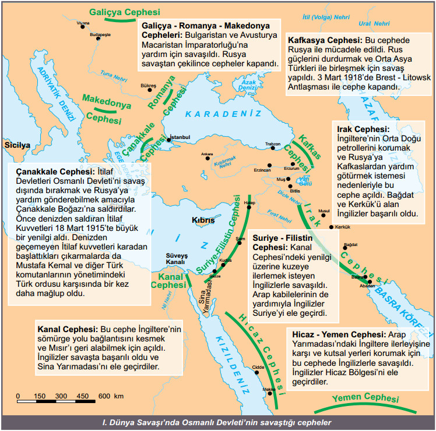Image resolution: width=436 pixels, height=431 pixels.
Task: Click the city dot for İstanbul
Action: tap(169, 140)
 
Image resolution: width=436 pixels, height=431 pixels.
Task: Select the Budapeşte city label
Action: tap(100, 35)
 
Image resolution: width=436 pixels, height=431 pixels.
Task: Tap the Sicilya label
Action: tap(16, 145)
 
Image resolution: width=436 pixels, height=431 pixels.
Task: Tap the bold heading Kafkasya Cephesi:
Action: tap(325, 41)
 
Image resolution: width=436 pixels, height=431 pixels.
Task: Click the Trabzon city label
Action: tap(273, 144)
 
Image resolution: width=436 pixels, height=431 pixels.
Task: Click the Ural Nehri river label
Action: tap(374, 24)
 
